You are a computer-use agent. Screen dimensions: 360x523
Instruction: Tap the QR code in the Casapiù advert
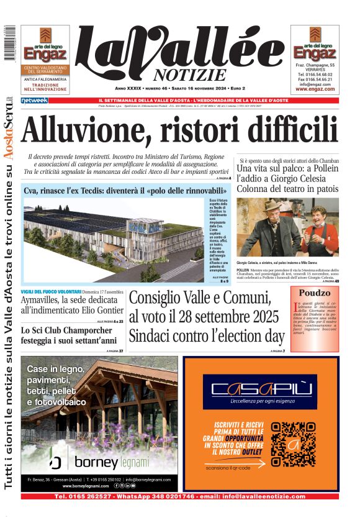click(294, 444)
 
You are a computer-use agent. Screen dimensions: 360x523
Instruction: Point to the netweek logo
click(34, 100)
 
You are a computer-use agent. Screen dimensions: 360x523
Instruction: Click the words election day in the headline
click(249, 337)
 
